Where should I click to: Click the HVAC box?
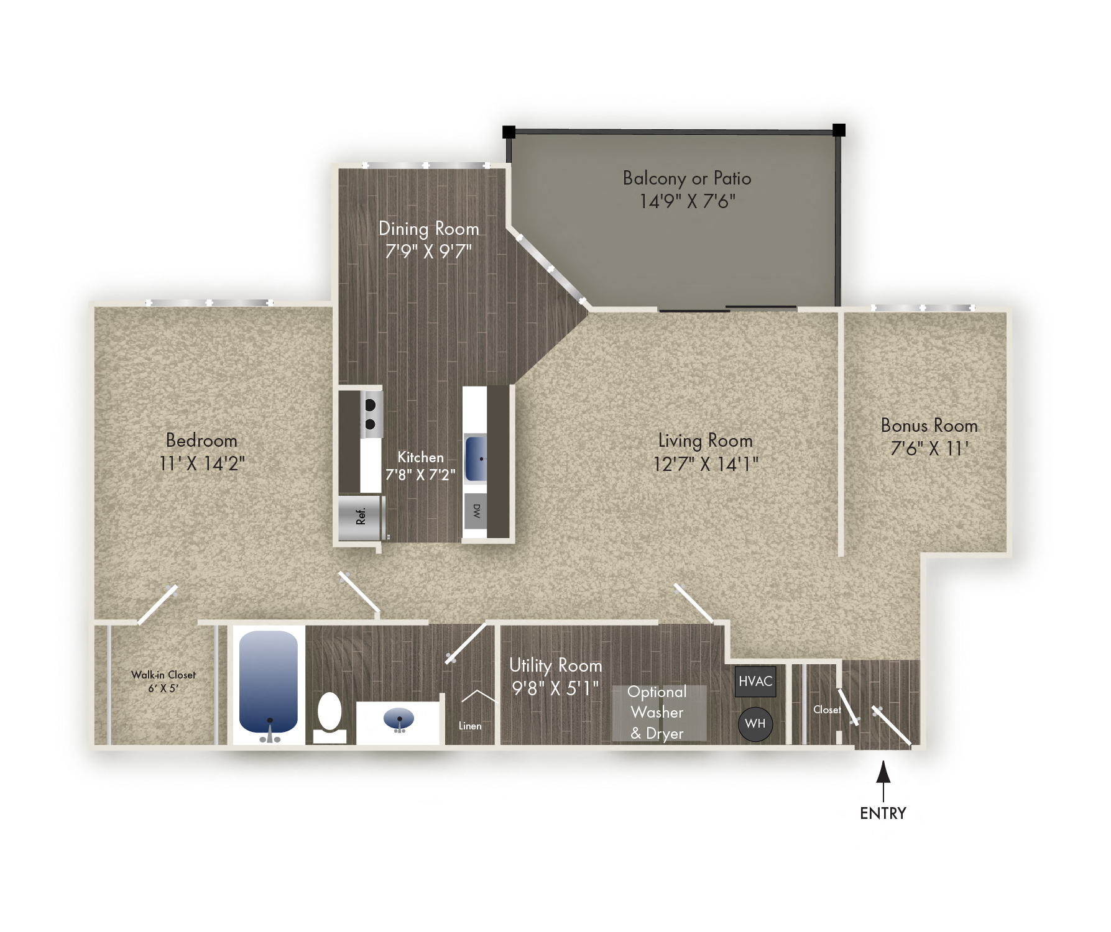pos(755,681)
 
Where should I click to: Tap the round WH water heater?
pos(755,724)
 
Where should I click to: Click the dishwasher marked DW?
pos(476,511)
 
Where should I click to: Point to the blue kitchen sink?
pos(476,459)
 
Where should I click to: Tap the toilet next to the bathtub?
pos(330,716)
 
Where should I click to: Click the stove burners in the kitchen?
pos(371,414)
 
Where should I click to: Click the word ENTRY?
pos(883,813)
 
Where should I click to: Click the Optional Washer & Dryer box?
pos(658,713)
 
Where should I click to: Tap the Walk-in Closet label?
pos(163,675)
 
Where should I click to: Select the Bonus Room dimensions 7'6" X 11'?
pos(929,448)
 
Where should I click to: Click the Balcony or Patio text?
pos(687,178)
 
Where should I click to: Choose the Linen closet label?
pos(470,726)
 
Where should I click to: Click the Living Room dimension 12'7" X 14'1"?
pos(705,464)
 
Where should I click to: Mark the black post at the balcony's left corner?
pos(509,132)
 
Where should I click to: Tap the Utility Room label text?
pos(555,665)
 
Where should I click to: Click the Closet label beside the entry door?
pos(827,710)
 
